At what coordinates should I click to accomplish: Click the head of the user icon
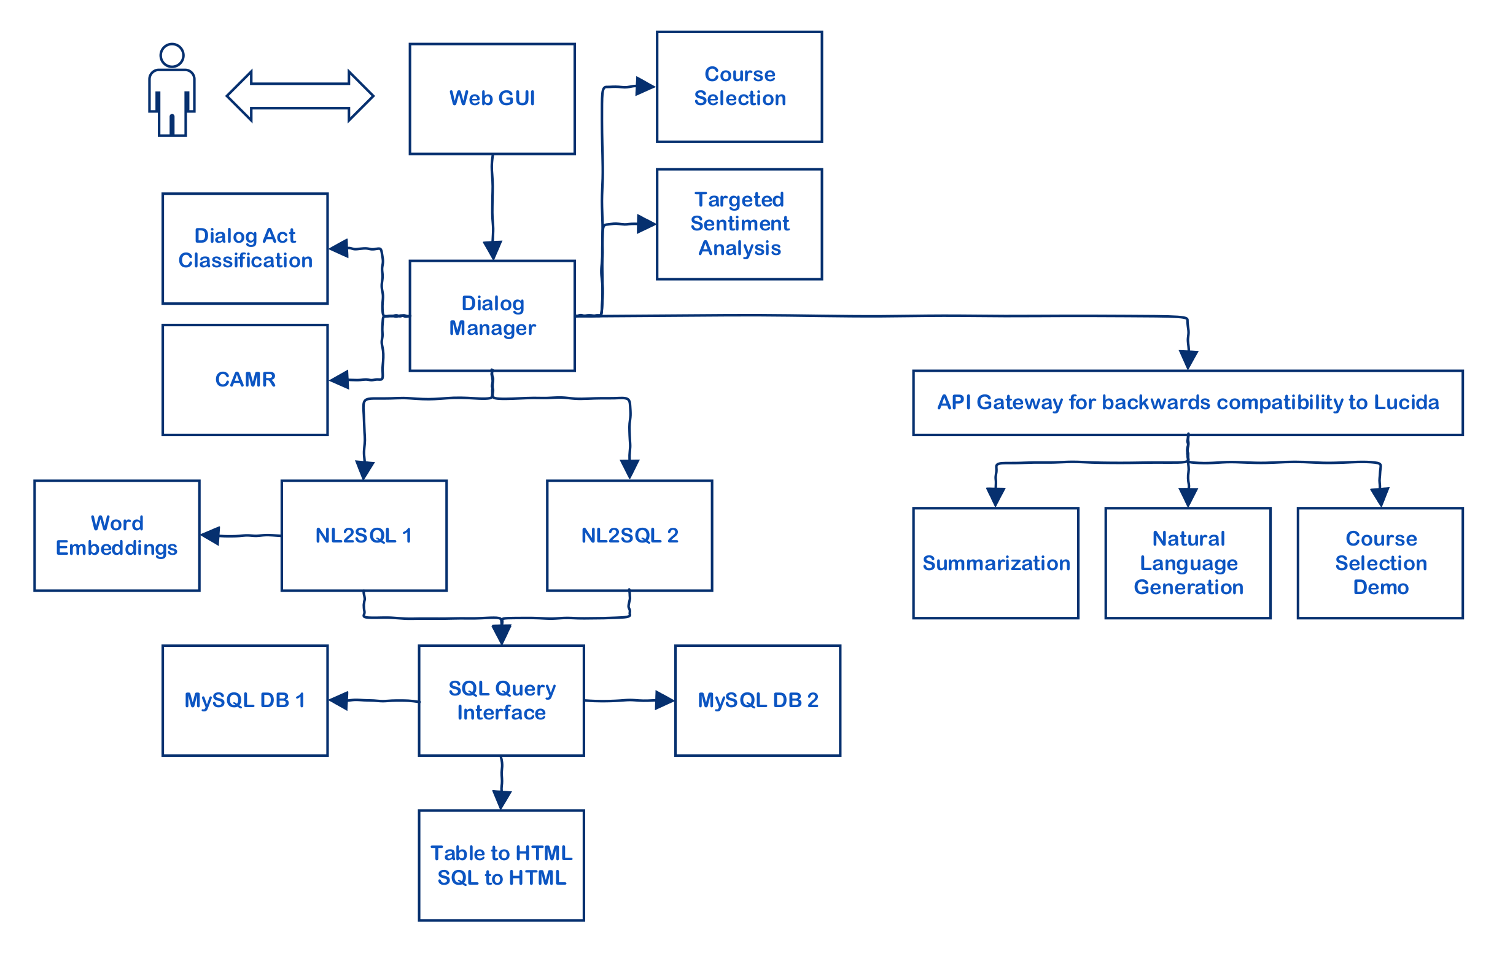tap(171, 55)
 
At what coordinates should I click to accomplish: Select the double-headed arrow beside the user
tap(300, 96)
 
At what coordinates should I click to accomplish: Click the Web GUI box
tap(491, 98)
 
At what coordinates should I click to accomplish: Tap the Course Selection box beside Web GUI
tap(739, 87)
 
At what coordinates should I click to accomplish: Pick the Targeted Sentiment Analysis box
tap(739, 224)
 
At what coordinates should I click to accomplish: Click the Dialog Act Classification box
tap(245, 248)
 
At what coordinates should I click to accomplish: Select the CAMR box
tap(245, 379)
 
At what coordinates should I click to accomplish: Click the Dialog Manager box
tap(491, 316)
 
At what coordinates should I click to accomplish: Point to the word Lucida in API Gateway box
tap(1406, 402)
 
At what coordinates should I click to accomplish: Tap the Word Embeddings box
tap(117, 536)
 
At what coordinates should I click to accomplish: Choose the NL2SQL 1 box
tap(364, 536)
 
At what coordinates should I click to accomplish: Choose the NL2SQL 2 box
tap(629, 536)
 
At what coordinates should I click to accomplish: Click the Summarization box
tap(995, 563)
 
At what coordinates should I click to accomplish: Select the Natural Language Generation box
tap(1188, 563)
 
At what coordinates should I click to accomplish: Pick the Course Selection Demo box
tap(1380, 563)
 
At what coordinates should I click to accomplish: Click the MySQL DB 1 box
tap(245, 700)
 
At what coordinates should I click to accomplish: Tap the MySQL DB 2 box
tap(757, 700)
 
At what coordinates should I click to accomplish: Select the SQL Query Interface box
tap(501, 700)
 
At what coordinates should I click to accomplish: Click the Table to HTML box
tap(501, 865)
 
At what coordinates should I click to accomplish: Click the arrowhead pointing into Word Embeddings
tap(209, 536)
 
